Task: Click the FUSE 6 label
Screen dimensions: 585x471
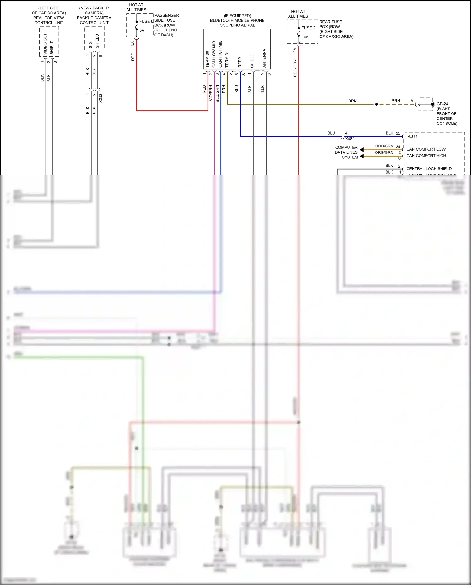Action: pos(146,21)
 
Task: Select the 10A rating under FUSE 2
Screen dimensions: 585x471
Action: pos(305,37)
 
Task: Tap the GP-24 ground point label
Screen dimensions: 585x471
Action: pos(442,104)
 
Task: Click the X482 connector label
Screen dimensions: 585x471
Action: pos(350,139)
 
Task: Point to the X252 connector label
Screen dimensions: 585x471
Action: pos(100,98)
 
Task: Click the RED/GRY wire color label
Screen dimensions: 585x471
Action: pos(295,68)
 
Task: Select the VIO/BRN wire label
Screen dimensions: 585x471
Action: pos(211,93)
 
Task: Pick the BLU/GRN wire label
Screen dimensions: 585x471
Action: pos(217,93)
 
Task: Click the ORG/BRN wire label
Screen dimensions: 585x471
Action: pos(384,146)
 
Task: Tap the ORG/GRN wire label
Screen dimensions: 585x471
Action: pos(384,152)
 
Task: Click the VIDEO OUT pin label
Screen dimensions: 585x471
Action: pos(45,44)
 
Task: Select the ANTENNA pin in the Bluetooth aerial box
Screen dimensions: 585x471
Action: pos(264,58)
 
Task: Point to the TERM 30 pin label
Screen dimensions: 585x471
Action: pos(207,59)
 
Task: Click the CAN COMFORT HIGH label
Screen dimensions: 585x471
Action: pos(426,156)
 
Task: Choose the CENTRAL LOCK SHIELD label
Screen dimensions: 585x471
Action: pos(429,169)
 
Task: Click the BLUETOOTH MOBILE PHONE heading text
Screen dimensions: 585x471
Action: pos(237,20)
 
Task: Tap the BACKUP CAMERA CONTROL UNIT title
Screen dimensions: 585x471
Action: pos(94,20)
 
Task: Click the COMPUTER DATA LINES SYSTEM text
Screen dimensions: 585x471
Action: pos(346,152)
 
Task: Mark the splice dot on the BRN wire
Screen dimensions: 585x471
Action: pos(376,104)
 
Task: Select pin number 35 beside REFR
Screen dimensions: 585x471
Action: pos(398,133)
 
